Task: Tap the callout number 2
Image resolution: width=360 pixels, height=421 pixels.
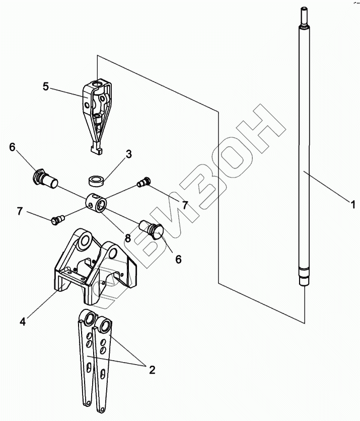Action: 151,370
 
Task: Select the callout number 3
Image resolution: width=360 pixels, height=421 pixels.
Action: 129,154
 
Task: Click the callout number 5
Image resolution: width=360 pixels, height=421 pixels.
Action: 46,87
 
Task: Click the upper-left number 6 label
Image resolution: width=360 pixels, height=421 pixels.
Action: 12,147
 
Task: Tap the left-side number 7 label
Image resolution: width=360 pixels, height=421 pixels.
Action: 20,211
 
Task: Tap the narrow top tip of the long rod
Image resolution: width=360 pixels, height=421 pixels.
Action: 305,12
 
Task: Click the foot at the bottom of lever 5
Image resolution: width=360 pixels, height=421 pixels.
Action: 94,149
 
